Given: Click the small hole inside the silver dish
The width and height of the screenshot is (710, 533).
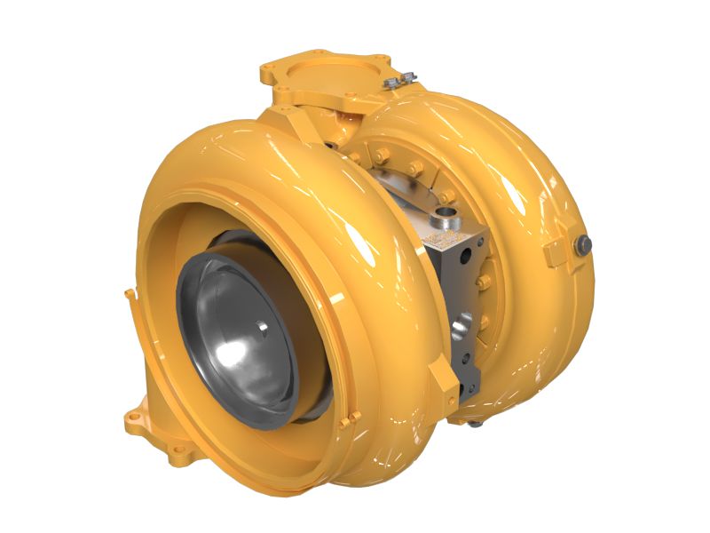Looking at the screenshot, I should (x=263, y=326).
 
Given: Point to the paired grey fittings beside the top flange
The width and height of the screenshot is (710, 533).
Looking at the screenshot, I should (x=396, y=83).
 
